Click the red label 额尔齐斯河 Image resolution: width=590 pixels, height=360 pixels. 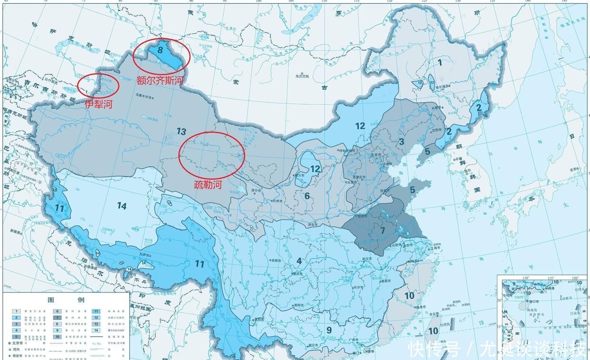pos(160,80)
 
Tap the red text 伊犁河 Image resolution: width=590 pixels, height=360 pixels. pos(99,104)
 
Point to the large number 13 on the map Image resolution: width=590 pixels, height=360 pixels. pos(181,131)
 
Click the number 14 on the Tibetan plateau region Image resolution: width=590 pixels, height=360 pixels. pos(122,206)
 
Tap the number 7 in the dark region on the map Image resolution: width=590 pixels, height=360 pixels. pos(382,230)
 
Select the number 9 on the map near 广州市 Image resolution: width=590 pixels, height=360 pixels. pos(328,330)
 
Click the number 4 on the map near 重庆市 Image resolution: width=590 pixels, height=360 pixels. pos(299,260)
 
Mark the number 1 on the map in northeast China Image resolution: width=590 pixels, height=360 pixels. pos(440,62)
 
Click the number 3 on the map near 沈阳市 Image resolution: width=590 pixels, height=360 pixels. pos(401,141)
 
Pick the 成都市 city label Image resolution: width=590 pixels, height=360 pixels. pos(276,261)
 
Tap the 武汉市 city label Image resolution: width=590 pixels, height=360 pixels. pos(366,259)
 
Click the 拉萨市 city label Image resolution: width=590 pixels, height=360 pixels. pos(145,256)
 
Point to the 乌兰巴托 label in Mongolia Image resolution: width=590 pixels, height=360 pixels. pos(302,76)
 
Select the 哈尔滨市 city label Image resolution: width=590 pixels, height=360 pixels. pos(442,87)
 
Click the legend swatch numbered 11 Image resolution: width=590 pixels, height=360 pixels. pos(96,311)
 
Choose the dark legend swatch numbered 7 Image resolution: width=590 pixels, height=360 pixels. pos(56,317)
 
